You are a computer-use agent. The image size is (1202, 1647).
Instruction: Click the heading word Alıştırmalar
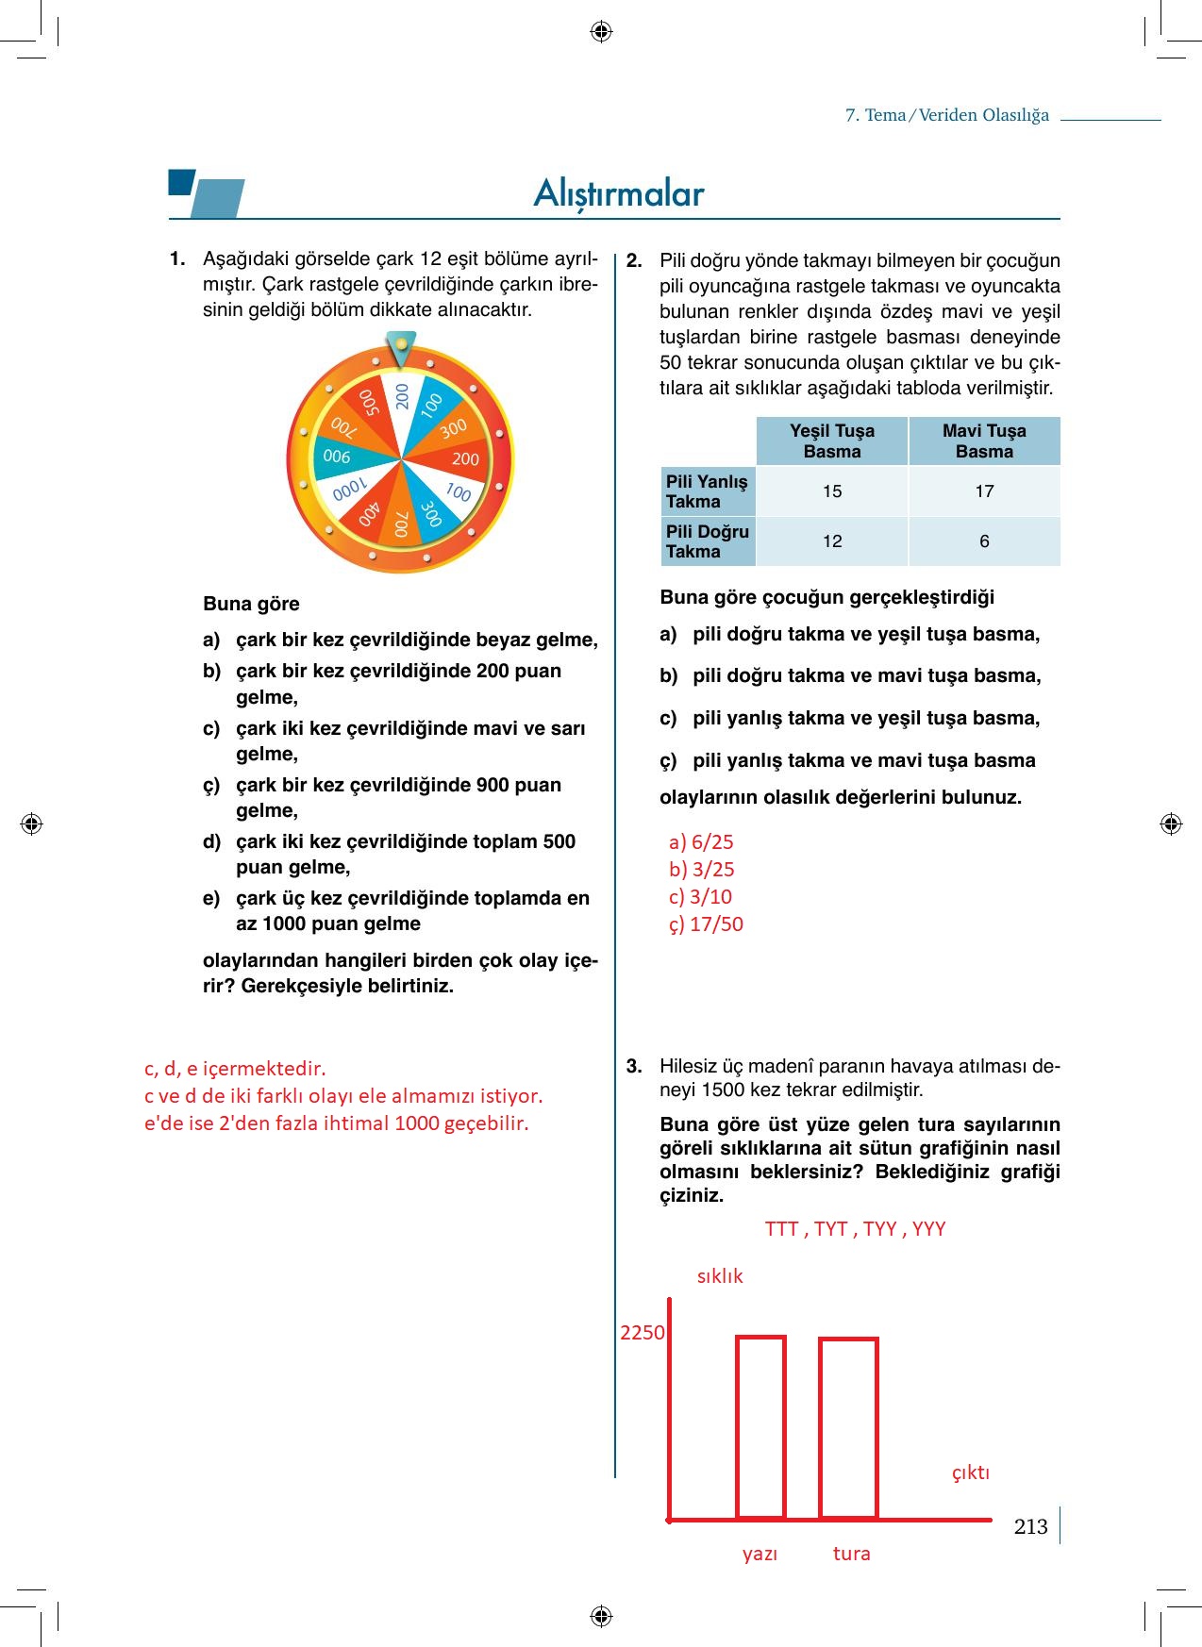tap(619, 193)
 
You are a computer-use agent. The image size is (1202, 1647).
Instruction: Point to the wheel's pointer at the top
tap(401, 347)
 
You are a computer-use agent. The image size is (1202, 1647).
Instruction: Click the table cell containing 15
tap(831, 491)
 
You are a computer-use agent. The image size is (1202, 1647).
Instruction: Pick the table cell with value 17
tap(984, 491)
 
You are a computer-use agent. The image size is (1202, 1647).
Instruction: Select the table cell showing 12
tap(831, 541)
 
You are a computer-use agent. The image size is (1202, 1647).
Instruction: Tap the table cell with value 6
tap(984, 541)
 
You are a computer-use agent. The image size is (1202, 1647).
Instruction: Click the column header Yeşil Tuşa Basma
tap(831, 441)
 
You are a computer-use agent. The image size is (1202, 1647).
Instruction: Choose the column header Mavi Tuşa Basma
tap(984, 441)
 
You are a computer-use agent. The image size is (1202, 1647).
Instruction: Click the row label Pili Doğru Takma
tap(708, 541)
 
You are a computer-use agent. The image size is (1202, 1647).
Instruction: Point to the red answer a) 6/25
tap(701, 842)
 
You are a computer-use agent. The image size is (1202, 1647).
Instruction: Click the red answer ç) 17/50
tap(706, 924)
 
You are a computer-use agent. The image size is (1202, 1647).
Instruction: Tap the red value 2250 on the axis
tap(642, 1333)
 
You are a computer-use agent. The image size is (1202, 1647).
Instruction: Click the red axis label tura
tap(851, 1554)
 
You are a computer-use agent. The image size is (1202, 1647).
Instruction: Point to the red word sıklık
tap(720, 1276)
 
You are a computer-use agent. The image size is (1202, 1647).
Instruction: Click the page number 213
tap(1030, 1526)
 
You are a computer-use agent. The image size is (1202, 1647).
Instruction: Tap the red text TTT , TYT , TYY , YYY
tap(855, 1229)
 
